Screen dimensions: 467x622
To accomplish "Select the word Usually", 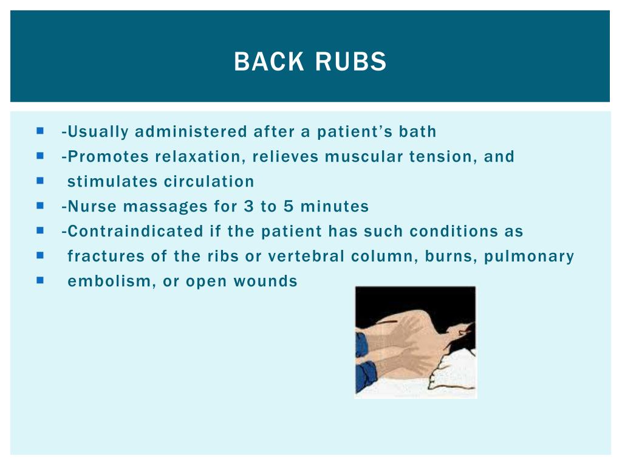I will (x=97, y=131).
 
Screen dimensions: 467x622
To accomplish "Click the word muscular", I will (x=363, y=156).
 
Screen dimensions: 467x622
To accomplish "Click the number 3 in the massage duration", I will (x=248, y=206).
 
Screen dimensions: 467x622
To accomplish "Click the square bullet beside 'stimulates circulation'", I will (x=40, y=181).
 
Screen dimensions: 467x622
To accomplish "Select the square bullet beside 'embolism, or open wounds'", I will (x=40, y=280).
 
